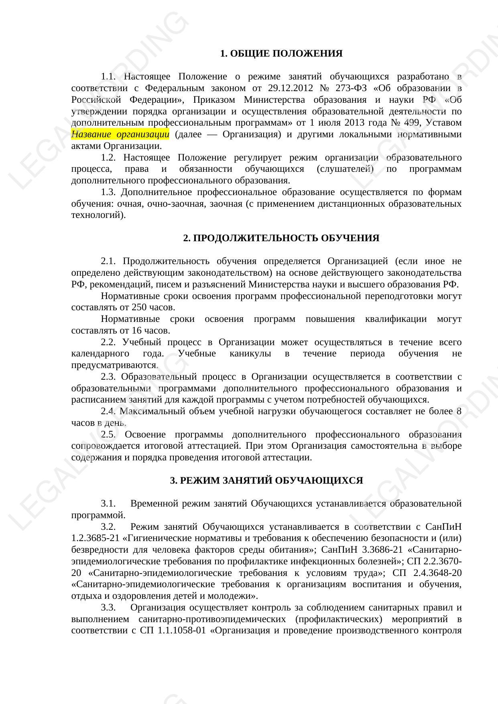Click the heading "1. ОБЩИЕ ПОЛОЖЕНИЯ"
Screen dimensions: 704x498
tap(281, 53)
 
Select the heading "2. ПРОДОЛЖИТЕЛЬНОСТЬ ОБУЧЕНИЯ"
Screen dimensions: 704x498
tap(281, 238)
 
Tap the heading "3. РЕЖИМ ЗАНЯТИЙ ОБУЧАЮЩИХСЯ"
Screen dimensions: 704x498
tap(266, 480)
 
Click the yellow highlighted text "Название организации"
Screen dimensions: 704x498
tap(120, 134)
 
